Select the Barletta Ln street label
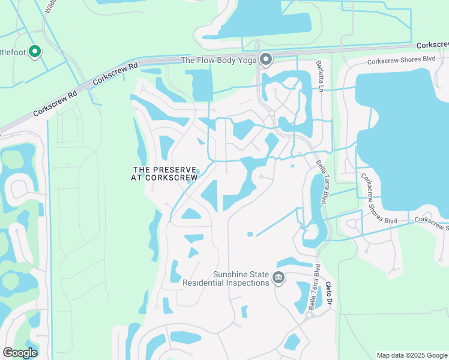click(x=321, y=76)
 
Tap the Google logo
click(x=20, y=353)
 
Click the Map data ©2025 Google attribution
click(x=412, y=355)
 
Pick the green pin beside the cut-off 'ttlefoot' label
click(x=35, y=52)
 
